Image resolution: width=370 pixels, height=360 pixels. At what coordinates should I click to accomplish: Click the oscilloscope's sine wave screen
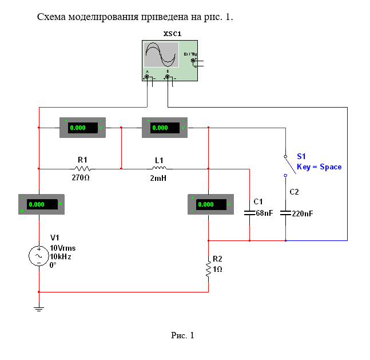[161, 55]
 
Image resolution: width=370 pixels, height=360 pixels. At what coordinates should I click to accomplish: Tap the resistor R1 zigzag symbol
[81, 169]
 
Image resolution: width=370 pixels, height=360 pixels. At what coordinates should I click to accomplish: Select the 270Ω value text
[81, 178]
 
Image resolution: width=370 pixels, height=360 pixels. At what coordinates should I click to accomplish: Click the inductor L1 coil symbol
[160, 168]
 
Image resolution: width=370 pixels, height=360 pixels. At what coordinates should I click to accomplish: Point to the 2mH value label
[159, 178]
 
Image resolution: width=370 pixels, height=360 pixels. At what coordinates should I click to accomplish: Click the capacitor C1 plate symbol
[249, 213]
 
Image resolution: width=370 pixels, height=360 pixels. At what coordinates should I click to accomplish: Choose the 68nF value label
[264, 213]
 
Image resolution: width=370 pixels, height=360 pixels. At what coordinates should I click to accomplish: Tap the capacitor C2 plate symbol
[285, 213]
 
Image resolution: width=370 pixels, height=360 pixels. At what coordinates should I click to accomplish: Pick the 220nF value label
[302, 213]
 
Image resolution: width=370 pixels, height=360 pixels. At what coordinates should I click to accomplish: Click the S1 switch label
[301, 156]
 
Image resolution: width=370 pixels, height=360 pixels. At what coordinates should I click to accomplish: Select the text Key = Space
[319, 167]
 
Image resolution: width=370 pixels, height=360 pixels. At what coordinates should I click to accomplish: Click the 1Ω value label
[217, 269]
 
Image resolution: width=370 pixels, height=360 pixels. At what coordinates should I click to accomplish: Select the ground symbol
[39, 310]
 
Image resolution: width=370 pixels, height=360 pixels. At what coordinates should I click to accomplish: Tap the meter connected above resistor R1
[83, 128]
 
